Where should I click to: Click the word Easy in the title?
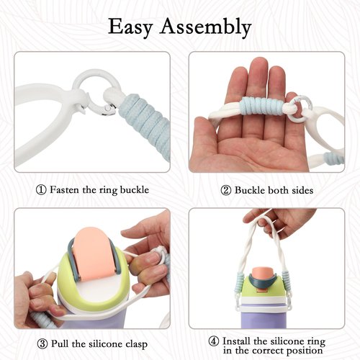[130, 27]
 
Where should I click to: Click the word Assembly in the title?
[206, 27]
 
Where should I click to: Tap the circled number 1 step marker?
[41, 190]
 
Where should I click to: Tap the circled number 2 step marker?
[225, 191]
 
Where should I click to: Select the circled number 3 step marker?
[42, 344]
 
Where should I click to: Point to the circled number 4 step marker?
[213, 341]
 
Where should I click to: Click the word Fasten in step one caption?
[64, 190]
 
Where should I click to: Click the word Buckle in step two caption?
[250, 190]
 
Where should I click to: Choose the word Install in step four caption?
[236, 341]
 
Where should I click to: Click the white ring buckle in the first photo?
[96, 92]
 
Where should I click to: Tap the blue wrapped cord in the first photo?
[146, 125]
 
